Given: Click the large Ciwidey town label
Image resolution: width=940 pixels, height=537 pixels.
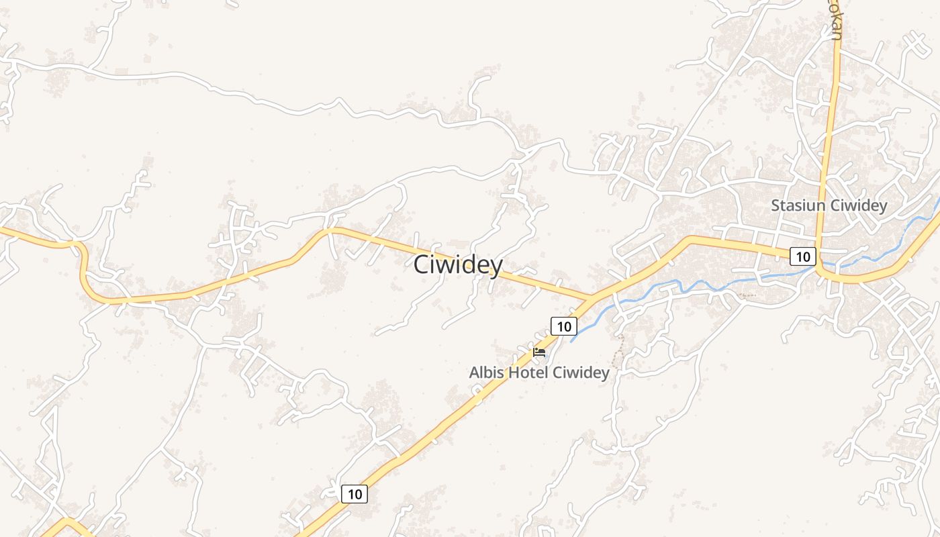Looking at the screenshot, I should pyautogui.click(x=458, y=265).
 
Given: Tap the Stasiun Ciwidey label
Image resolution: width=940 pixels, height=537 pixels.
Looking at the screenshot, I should pyautogui.click(x=829, y=206).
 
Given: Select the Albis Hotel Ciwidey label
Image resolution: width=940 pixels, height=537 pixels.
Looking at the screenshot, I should pyautogui.click(x=539, y=373).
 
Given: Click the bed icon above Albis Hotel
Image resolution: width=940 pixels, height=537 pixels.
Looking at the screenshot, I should pyautogui.click(x=539, y=352).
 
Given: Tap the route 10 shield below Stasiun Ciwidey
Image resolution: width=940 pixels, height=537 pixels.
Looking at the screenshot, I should pyautogui.click(x=802, y=256).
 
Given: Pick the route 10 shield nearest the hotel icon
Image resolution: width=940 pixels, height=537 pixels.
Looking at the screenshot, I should pyautogui.click(x=564, y=326).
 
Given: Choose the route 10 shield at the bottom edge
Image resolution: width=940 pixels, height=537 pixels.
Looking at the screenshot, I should pyautogui.click(x=355, y=494).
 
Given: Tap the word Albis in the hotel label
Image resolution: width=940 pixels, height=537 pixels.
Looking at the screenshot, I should pyautogui.click(x=487, y=373).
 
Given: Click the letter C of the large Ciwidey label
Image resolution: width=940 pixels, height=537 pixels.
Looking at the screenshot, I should pyautogui.click(x=422, y=265).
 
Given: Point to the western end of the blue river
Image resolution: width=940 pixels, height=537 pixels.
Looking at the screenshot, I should pyautogui.click(x=572, y=340).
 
